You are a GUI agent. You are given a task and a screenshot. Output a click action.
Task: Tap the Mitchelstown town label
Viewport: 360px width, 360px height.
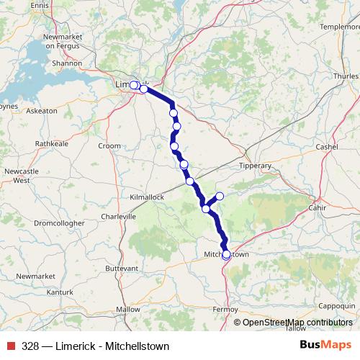[226, 255]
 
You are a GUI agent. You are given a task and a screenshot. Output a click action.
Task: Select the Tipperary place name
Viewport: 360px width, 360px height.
[255, 166]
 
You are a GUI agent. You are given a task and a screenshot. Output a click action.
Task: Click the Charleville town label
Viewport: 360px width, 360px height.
[119, 216]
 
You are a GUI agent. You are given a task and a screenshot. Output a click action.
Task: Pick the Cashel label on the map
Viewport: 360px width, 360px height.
[327, 147]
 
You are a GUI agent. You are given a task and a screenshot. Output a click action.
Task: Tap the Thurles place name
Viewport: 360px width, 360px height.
[345, 76]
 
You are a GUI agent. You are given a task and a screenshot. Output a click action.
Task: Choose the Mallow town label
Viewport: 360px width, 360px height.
[128, 309]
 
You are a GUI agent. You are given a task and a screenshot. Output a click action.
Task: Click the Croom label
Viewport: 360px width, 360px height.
[109, 145]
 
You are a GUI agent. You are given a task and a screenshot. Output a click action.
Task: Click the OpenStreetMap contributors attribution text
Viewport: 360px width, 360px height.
[297, 322]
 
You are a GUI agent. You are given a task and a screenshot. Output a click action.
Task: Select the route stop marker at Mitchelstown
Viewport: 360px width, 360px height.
[226, 254]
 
